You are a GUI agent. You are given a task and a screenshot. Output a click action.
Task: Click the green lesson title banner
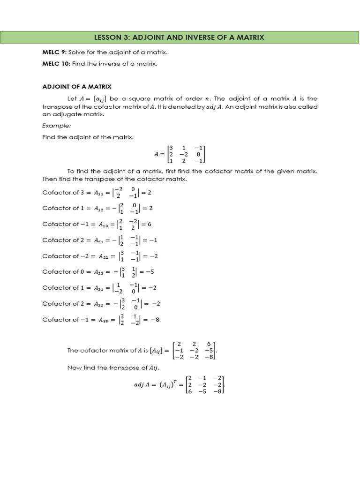click(180, 37)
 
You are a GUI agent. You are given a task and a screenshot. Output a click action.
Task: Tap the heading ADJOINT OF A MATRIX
click(77, 87)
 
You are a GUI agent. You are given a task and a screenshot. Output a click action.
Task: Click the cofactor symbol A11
click(100, 192)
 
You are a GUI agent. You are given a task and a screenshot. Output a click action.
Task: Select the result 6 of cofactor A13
click(149, 224)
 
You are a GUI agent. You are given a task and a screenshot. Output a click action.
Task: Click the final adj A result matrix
click(205, 385)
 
